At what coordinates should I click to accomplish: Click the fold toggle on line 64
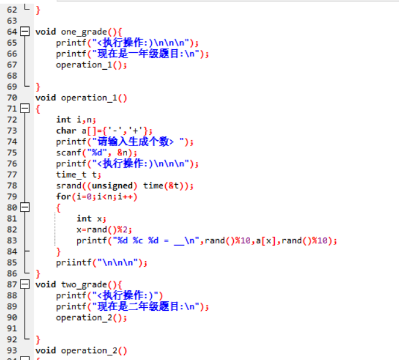point(25,32)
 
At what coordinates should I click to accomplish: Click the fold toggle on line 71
point(25,108)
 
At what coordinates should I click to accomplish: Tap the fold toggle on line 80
point(25,208)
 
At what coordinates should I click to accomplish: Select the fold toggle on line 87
point(25,284)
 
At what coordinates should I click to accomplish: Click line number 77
point(12,175)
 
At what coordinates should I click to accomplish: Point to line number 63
point(12,21)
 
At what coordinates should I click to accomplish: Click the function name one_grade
point(84,32)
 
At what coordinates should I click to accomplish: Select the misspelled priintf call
point(74,263)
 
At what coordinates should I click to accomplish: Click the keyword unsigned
point(112,186)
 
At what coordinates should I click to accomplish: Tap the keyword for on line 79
point(64,196)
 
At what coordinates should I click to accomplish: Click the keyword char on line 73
point(66,131)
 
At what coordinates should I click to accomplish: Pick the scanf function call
point(69,153)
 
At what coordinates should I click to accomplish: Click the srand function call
point(69,186)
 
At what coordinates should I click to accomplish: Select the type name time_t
point(71,175)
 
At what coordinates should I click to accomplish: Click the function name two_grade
point(84,285)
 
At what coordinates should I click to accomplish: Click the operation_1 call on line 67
point(84,65)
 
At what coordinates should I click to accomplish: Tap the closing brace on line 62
point(38,10)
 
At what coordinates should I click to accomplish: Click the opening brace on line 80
point(58,208)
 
